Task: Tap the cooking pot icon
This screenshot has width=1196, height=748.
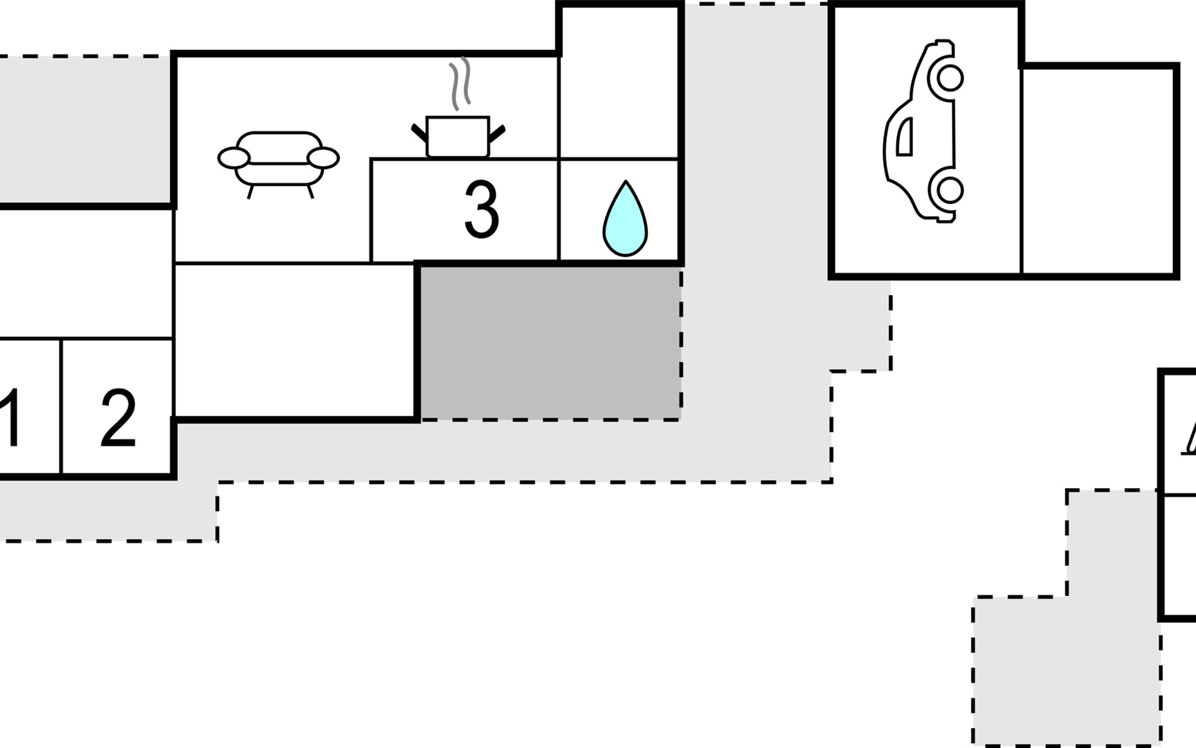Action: (458, 137)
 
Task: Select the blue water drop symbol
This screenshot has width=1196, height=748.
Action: (625, 219)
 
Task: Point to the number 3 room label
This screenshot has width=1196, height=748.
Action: (482, 210)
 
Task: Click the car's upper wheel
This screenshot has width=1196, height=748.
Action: (946, 79)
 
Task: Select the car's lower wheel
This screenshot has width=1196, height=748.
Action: (946, 190)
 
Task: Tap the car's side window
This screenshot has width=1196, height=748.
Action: (904, 137)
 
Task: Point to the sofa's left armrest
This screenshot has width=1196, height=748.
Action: (233, 158)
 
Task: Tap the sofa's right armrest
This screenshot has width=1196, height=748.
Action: (324, 158)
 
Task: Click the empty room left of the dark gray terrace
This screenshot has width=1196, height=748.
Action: (294, 340)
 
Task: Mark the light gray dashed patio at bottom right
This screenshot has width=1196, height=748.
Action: (1066, 667)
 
